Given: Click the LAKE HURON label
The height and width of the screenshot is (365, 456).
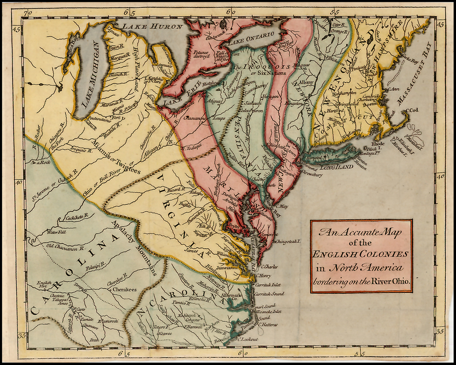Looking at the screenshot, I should (153, 27).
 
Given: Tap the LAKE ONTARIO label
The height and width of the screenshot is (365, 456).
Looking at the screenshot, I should (252, 37).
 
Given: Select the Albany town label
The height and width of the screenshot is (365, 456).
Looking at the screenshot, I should (306, 82).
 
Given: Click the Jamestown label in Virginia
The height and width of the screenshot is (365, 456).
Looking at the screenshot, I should (227, 267).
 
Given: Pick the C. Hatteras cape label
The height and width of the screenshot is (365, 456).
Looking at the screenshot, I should (266, 325).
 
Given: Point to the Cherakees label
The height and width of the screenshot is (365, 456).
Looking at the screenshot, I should (124, 289).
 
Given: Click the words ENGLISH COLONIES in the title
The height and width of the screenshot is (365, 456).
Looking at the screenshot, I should (361, 254).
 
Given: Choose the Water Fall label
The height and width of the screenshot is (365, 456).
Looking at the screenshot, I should (56, 232).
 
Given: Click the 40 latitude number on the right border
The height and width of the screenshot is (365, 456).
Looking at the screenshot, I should (440, 176).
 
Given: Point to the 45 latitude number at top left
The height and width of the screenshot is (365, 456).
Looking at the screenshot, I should (17, 30).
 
